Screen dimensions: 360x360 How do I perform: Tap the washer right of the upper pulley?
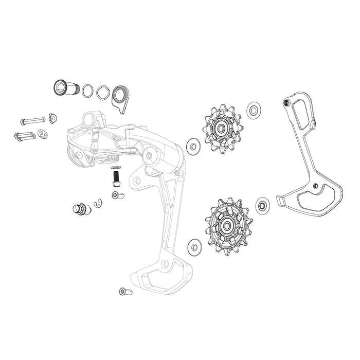click(x=253, y=110)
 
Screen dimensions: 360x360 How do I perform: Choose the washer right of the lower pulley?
click(x=262, y=206)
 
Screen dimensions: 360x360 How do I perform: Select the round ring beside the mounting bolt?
click(x=88, y=91)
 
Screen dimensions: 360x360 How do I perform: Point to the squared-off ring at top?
click(x=103, y=93)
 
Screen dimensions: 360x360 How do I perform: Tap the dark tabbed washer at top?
click(x=121, y=96)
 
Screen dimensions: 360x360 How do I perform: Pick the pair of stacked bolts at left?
click(x=25, y=137)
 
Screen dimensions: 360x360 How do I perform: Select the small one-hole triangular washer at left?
click(x=52, y=118)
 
